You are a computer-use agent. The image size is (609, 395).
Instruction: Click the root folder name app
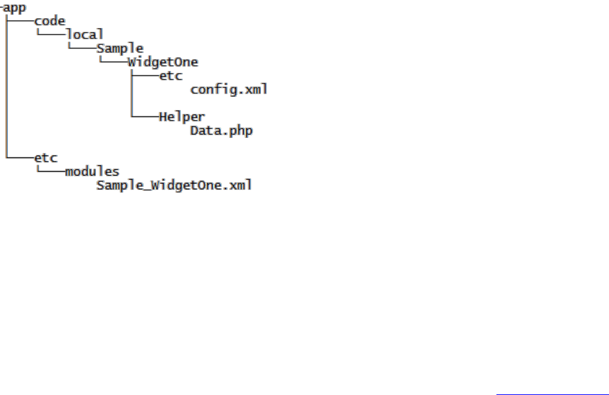click(14, 7)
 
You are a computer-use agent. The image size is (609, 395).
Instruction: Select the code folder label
click(49, 21)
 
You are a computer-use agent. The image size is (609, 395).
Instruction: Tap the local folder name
click(85, 34)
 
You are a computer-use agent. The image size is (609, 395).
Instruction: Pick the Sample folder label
click(120, 49)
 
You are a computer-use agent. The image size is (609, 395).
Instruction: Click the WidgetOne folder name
click(163, 62)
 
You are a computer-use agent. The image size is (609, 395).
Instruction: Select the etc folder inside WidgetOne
click(170, 76)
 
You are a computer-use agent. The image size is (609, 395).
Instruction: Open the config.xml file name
click(229, 90)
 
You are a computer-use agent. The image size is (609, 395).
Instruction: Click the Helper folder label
click(182, 117)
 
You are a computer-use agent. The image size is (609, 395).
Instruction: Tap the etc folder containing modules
click(46, 158)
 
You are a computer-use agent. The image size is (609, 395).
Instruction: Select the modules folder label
click(92, 172)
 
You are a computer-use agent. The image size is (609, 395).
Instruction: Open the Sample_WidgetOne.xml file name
click(174, 185)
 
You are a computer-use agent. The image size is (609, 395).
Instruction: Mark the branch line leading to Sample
click(82, 49)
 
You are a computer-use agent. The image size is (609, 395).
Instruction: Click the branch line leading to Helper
click(145, 117)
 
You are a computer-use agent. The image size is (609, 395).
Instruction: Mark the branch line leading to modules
click(50, 172)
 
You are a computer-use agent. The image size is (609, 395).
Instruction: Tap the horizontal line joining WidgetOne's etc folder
click(145, 76)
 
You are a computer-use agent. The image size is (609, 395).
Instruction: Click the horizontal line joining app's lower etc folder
click(20, 158)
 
